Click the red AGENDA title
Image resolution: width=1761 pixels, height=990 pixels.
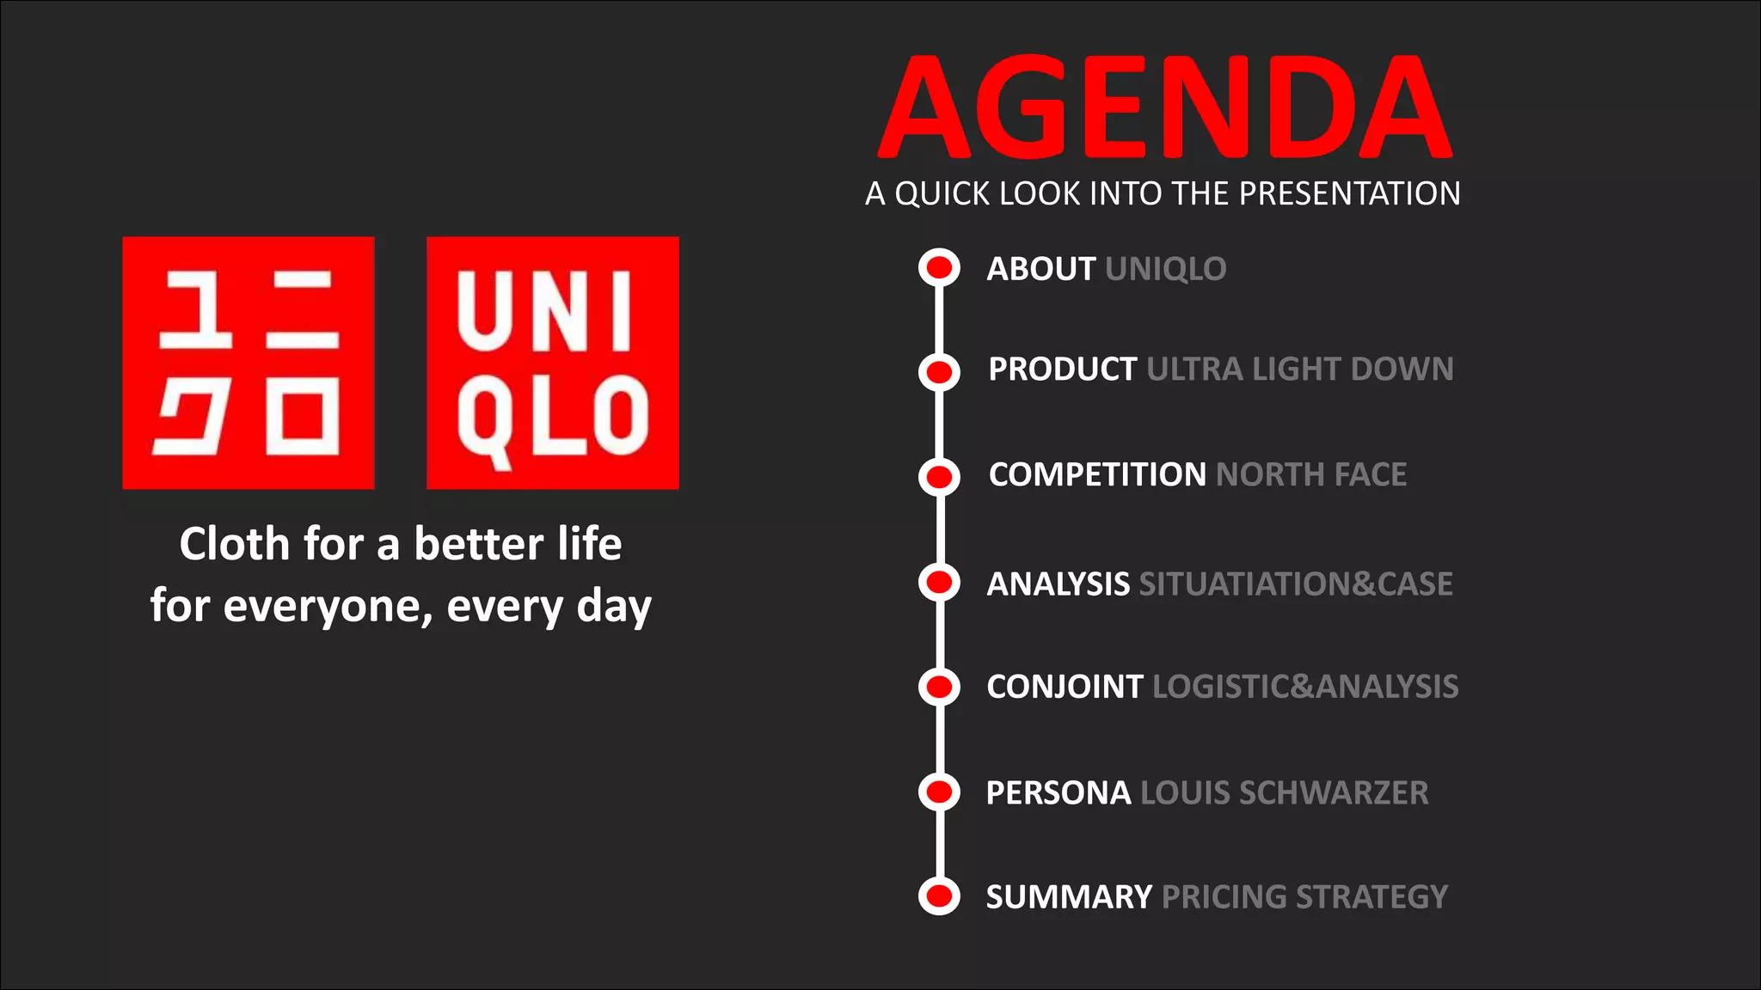[x=1165, y=107]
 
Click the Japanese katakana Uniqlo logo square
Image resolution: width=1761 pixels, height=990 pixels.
[x=249, y=363]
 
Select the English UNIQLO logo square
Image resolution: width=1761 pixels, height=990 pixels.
[x=553, y=363]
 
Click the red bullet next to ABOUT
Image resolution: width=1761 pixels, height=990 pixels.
[x=939, y=267]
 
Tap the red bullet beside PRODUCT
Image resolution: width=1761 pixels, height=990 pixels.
[x=939, y=372]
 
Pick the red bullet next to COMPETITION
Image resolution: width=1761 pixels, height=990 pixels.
[x=939, y=476]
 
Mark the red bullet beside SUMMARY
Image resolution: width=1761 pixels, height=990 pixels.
[x=939, y=896]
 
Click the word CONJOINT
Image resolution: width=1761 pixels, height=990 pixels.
[x=1065, y=687]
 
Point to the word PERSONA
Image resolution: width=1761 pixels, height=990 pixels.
[x=1058, y=792]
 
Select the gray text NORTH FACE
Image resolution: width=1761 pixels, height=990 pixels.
[x=1311, y=474]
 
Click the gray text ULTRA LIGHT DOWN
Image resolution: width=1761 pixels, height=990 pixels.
[x=1299, y=370]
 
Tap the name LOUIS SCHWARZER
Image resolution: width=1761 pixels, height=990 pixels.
[x=1284, y=792]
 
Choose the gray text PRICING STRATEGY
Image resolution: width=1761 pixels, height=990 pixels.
[x=1304, y=897]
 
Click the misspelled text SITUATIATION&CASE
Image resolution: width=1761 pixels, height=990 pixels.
[x=1295, y=584]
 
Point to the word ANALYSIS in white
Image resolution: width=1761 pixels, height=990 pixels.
[x=1058, y=584]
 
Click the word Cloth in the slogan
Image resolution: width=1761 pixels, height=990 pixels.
[x=234, y=544]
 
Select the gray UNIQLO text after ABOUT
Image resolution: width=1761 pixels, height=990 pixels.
[x=1165, y=269]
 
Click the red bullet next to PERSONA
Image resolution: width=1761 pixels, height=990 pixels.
[x=939, y=791]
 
